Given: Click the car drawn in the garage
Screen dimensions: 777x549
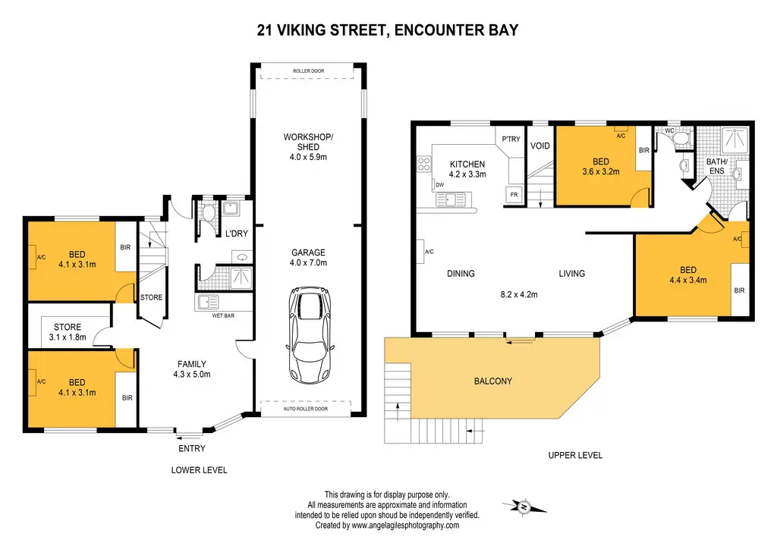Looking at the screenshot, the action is pyautogui.click(x=310, y=334).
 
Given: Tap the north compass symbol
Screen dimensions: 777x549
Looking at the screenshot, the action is pyautogui.click(x=524, y=507).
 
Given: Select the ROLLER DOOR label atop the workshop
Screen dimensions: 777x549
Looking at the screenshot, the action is pyautogui.click(x=308, y=71).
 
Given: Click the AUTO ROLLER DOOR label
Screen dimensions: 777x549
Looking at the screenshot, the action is pyautogui.click(x=305, y=409).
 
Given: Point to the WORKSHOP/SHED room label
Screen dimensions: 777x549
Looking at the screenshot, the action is pyautogui.click(x=308, y=142).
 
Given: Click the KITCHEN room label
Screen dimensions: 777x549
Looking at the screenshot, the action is pyautogui.click(x=467, y=164).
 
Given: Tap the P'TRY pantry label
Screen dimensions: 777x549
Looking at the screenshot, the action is pyautogui.click(x=511, y=139).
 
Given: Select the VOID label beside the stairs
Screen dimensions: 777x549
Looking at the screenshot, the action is pyautogui.click(x=539, y=146).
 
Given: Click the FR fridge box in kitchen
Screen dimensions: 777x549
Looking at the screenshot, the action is pyautogui.click(x=514, y=195).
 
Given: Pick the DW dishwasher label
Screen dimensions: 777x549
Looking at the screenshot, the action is pyautogui.click(x=440, y=185).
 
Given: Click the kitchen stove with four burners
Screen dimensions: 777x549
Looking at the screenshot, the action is pyautogui.click(x=424, y=165).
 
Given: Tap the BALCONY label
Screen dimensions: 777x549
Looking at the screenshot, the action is pyautogui.click(x=493, y=381).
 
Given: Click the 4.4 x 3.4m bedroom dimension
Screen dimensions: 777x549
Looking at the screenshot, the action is pyautogui.click(x=687, y=280).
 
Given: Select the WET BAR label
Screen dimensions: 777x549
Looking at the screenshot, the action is pyautogui.click(x=223, y=315).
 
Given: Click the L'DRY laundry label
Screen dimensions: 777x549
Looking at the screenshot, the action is pyautogui.click(x=237, y=233).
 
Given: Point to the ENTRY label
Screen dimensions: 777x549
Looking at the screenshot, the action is pyautogui.click(x=192, y=448).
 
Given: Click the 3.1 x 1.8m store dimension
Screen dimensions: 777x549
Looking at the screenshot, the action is pyautogui.click(x=68, y=337).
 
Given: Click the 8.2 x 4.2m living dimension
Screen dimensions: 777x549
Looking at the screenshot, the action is pyautogui.click(x=519, y=294).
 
